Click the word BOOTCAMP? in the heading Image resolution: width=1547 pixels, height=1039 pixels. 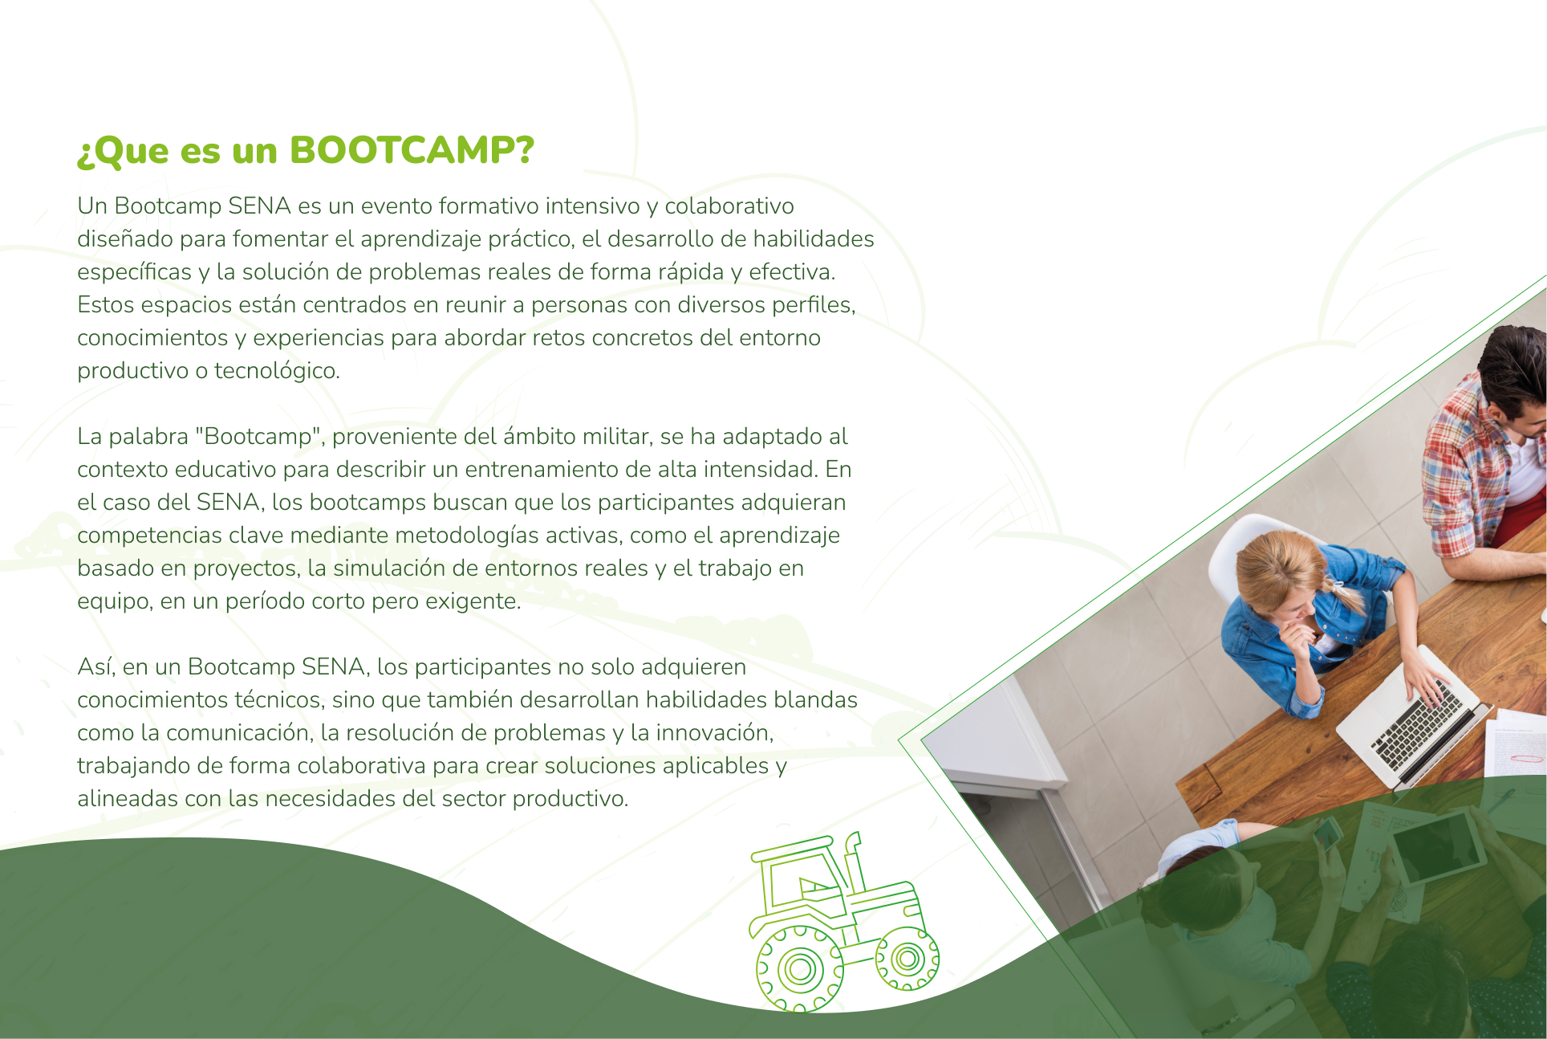point(411,150)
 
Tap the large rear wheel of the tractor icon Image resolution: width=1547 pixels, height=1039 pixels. point(799,968)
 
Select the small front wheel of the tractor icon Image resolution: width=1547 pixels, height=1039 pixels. point(907,958)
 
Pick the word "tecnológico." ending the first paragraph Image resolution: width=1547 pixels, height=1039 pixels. point(277,371)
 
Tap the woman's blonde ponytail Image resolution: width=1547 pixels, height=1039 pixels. point(1348,595)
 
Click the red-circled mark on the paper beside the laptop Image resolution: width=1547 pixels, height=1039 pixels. point(1522,756)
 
